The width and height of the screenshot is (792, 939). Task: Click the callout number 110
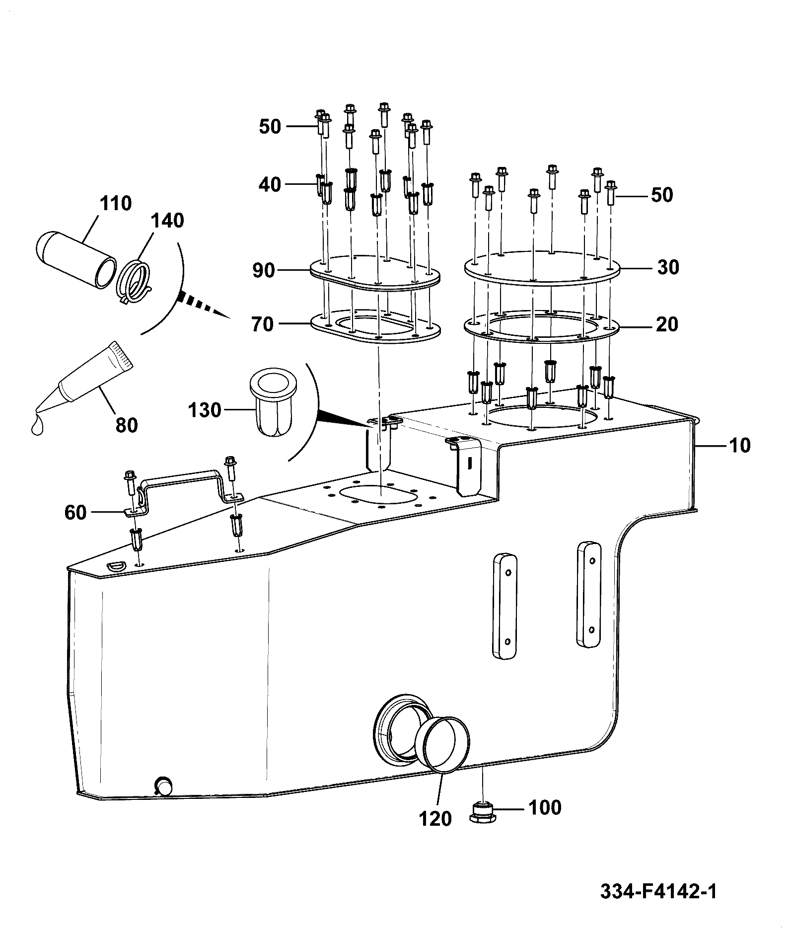point(116,203)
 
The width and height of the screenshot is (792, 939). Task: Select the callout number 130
point(205,410)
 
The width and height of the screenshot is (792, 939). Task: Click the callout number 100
point(545,807)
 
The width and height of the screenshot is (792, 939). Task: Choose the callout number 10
point(740,445)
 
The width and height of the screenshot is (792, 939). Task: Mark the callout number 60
point(75,512)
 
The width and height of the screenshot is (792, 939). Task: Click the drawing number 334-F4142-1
point(659,891)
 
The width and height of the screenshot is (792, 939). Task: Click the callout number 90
point(264,271)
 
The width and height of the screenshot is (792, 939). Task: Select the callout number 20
point(667,324)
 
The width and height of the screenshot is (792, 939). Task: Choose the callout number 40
point(270,185)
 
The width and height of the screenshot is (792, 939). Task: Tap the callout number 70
point(263,324)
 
